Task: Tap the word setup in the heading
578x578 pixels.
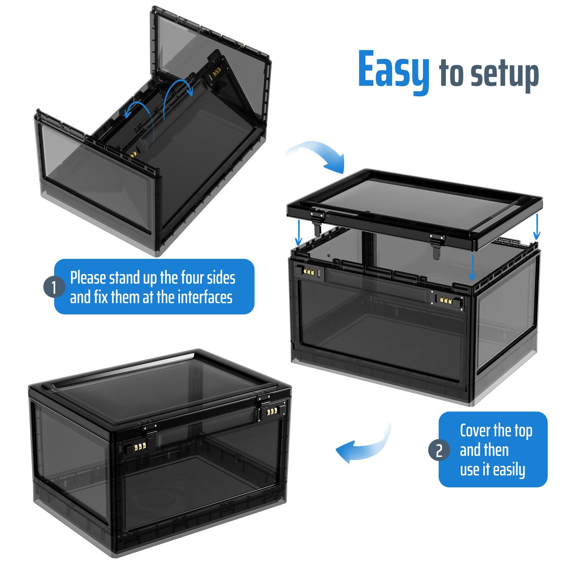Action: coord(505,75)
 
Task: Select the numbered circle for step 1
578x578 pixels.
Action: coord(54,287)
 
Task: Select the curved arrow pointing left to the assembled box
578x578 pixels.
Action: coord(363,443)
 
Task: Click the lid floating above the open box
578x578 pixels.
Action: coord(414,209)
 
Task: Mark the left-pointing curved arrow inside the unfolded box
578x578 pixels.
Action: coord(139,109)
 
